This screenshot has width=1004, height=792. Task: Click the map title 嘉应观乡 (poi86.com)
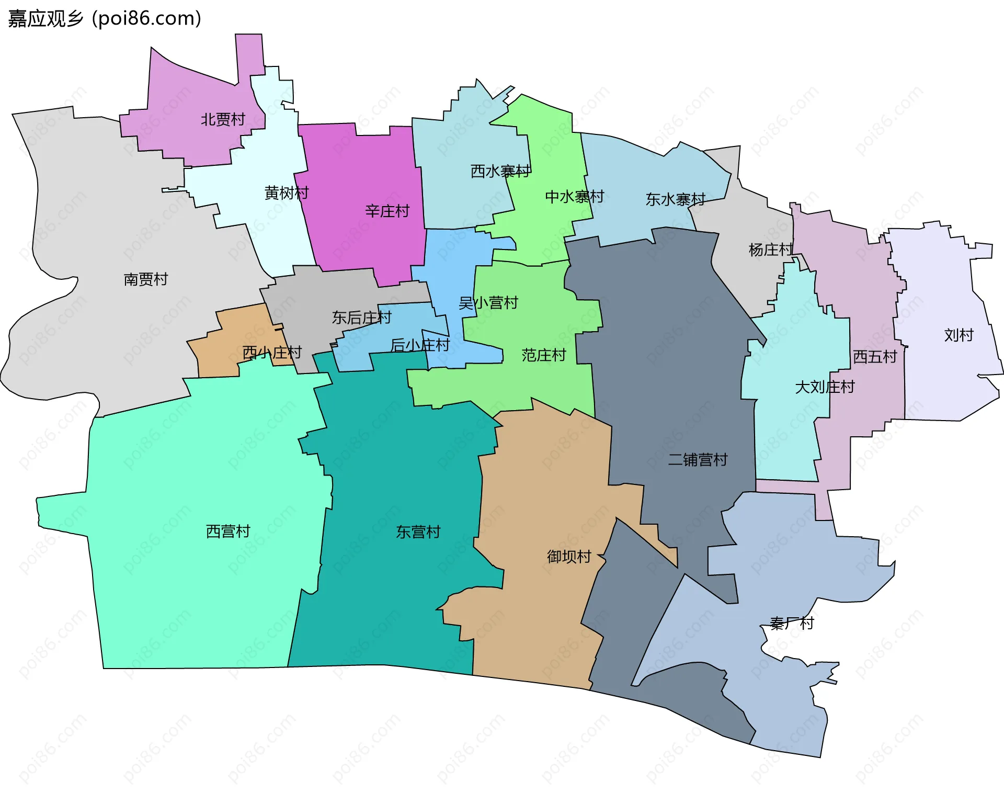click(x=105, y=19)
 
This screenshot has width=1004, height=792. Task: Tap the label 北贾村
click(x=223, y=120)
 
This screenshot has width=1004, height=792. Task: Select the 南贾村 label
click(x=146, y=279)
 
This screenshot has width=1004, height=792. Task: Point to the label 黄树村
click(x=287, y=193)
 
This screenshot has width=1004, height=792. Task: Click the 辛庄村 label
click(x=387, y=211)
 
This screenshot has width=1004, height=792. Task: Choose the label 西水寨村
click(x=500, y=172)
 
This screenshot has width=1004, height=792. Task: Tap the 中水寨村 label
click(x=575, y=197)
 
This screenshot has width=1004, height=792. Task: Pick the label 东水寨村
click(x=676, y=199)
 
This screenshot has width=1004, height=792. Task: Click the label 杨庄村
click(x=771, y=250)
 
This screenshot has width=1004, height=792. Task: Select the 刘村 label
click(x=959, y=335)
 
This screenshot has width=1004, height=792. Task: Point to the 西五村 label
click(x=875, y=357)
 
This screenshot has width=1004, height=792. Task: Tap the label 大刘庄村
click(x=825, y=387)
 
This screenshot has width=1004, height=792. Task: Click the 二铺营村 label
click(x=698, y=460)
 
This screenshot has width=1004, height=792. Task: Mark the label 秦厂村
click(x=792, y=624)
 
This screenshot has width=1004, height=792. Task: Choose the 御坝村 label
click(x=569, y=557)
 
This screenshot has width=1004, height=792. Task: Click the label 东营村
click(x=418, y=532)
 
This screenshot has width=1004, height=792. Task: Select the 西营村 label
click(x=229, y=531)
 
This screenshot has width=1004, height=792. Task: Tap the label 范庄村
click(x=544, y=356)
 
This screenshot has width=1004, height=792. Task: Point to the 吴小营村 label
click(x=488, y=303)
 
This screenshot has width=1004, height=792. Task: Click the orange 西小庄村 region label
click(x=272, y=353)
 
